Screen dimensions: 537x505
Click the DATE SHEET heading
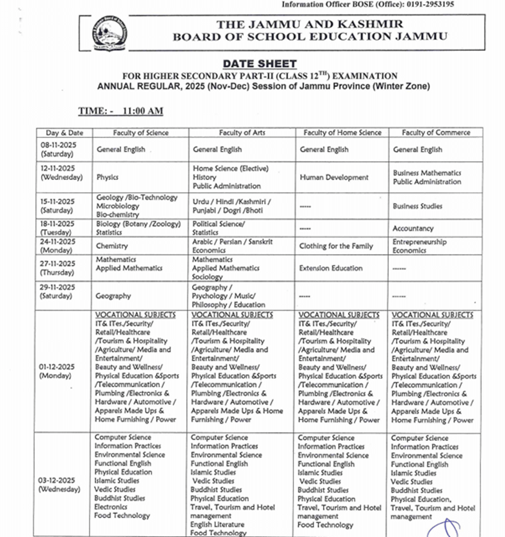[260, 64]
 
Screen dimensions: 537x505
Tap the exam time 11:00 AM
[143, 111]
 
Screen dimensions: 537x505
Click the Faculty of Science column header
[141, 133]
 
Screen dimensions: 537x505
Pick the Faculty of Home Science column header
[342, 133]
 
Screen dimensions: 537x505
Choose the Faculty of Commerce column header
[436, 133]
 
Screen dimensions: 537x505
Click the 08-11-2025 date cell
[58, 149]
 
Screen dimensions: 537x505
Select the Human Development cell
[334, 178]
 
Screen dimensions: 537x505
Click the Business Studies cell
[417, 206]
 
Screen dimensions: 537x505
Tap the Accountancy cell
[413, 229]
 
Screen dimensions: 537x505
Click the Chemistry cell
[112, 246]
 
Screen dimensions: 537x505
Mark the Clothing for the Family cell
[336, 246]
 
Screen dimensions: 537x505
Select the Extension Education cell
[330, 268]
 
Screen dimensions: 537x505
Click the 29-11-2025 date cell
[58, 291]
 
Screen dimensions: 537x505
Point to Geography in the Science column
[113, 296]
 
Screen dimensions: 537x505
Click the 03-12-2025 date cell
[57, 484]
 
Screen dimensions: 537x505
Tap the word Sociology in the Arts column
[207, 277]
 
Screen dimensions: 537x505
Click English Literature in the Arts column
[217, 524]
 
